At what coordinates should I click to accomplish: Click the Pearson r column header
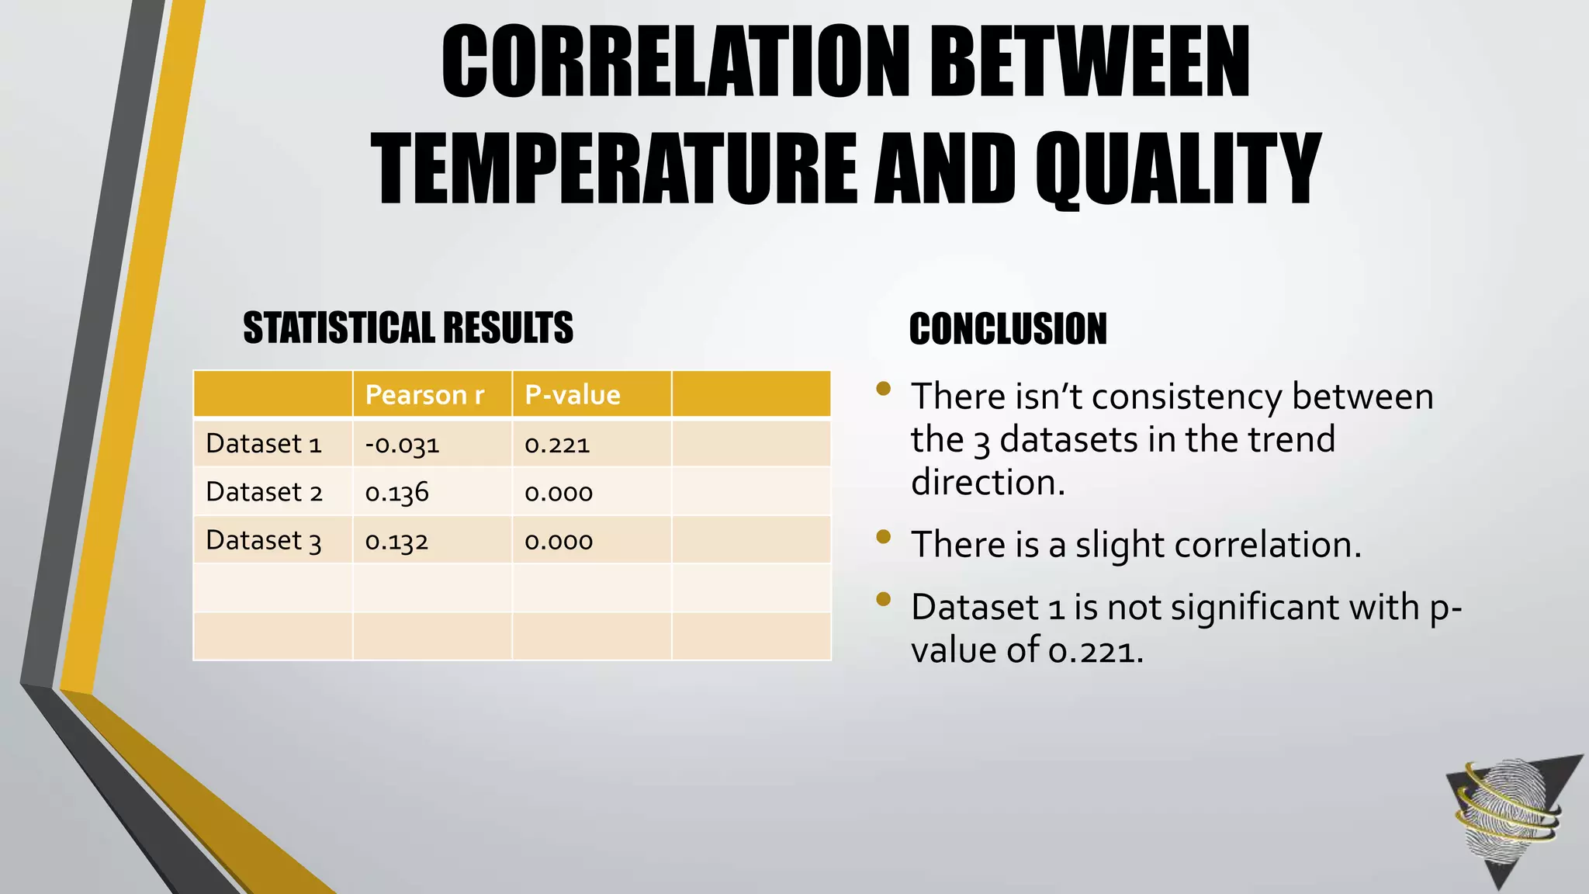[x=424, y=395]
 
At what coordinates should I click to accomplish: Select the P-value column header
[x=573, y=395]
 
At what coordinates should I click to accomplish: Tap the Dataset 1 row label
[x=264, y=444]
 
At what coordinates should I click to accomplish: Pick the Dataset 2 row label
[x=264, y=492]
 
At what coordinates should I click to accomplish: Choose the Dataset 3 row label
[x=264, y=540]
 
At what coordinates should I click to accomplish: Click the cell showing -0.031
[x=402, y=445]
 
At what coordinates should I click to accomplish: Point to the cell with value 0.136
[x=396, y=493]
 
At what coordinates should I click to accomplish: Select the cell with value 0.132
[x=396, y=541]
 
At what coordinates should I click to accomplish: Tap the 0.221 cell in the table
[x=557, y=445]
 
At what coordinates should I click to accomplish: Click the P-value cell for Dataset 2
[x=559, y=493]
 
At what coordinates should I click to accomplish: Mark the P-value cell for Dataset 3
[x=559, y=541]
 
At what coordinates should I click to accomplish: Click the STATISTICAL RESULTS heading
[x=408, y=327]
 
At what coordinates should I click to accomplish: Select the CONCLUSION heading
[x=1008, y=329]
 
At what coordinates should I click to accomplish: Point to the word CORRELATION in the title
[x=675, y=62]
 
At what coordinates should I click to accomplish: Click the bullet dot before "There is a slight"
[x=883, y=536]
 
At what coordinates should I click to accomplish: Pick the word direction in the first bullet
[x=988, y=483]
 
